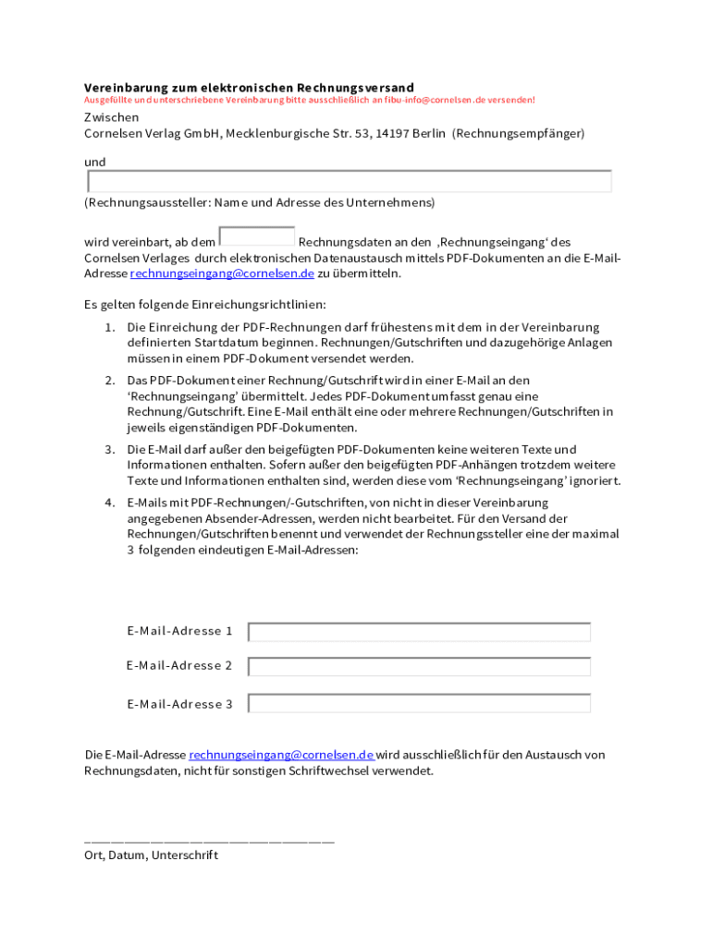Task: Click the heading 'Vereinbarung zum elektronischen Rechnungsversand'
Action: tap(249, 88)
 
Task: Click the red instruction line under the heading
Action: tap(309, 100)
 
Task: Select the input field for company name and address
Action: tap(349, 181)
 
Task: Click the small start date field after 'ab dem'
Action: tap(257, 236)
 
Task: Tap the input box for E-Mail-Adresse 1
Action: tap(419, 632)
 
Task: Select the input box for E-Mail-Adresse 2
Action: tap(419, 666)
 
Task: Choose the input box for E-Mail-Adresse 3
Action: tap(419, 704)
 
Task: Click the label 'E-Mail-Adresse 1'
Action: tap(179, 631)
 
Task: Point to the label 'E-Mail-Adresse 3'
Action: tap(179, 704)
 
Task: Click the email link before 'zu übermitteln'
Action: tap(222, 273)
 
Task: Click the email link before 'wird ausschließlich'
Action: tap(281, 755)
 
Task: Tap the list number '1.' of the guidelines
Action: tap(109, 327)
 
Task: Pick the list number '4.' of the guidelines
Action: tap(109, 503)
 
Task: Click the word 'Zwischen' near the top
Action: tap(112, 117)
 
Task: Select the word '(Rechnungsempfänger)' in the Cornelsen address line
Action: tap(518, 133)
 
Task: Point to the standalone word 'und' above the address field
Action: tap(95, 162)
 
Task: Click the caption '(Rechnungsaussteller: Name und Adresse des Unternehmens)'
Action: tap(259, 201)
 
